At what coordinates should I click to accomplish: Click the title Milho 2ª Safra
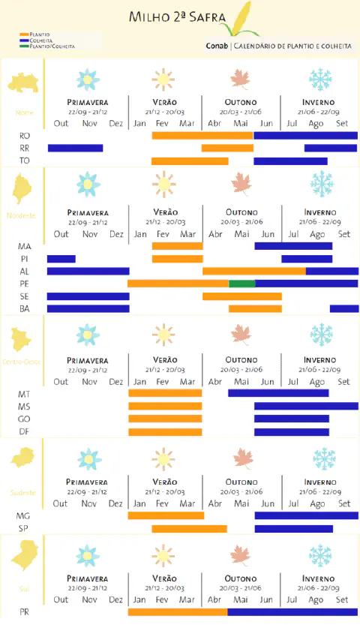178,17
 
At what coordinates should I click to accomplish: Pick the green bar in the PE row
241,284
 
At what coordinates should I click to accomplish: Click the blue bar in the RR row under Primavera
75,148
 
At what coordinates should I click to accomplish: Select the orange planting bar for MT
165,393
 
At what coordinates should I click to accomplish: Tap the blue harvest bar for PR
292,612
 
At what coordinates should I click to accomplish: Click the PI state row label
25,259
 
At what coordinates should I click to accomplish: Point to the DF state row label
25,431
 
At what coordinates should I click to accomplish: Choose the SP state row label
24,529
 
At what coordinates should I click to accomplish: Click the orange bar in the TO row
190,161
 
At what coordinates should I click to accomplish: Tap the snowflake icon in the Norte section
321,79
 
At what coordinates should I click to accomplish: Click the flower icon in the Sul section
88,556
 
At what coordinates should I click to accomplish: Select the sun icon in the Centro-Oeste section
163,335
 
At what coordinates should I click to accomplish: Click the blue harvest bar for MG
306,515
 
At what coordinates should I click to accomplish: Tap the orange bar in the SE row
241,296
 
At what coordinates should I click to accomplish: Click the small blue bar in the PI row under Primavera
61,259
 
